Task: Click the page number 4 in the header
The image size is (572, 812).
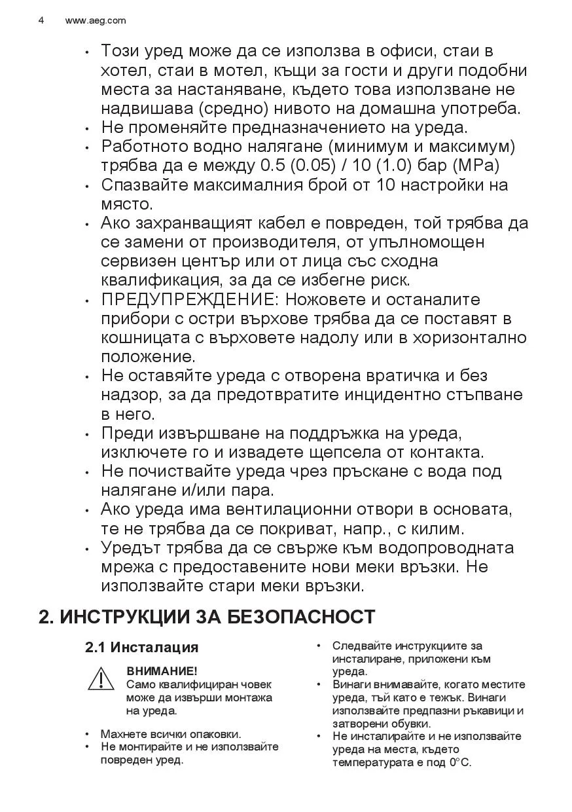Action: (41, 20)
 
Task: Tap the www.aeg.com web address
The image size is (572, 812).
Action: (96, 20)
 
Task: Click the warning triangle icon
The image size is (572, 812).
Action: (101, 680)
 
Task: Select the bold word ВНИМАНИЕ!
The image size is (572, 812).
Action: (162, 671)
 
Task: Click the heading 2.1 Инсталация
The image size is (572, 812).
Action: (141, 648)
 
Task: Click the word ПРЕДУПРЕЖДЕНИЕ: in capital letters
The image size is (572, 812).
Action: (187, 300)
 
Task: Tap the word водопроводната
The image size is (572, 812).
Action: (446, 548)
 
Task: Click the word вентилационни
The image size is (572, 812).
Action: (302, 509)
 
